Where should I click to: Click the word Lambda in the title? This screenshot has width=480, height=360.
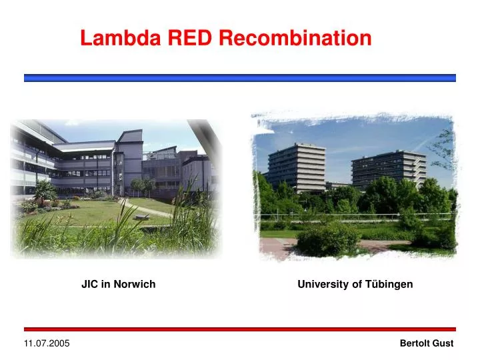click(x=121, y=38)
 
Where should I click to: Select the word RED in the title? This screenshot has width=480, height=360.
click(x=190, y=38)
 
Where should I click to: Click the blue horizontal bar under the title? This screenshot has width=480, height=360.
click(x=240, y=78)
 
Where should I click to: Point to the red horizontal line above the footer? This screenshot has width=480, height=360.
click(x=240, y=329)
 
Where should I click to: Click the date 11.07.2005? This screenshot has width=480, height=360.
click(x=47, y=343)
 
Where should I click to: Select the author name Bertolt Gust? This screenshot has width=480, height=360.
click(x=426, y=343)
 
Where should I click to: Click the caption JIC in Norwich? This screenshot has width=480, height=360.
click(x=118, y=284)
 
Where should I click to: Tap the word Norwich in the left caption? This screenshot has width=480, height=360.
click(x=137, y=284)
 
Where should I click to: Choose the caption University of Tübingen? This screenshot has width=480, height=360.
click(x=355, y=284)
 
